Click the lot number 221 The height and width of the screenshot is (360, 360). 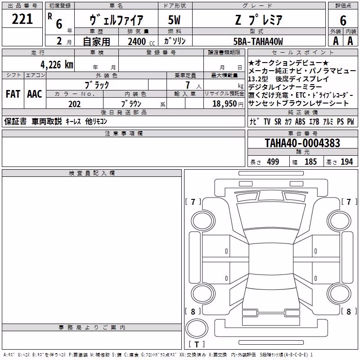22,19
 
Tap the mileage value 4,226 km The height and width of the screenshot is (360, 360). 57,65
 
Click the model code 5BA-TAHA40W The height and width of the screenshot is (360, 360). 258,41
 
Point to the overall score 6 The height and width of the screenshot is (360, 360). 343,20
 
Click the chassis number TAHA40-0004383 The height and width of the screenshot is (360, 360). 302,143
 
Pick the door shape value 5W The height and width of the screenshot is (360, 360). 175,20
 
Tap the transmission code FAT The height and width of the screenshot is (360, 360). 13,94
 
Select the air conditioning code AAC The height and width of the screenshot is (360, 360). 35,94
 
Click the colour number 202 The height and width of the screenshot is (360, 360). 74,104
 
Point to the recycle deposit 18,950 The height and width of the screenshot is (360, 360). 224,104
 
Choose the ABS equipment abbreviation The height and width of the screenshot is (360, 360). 300,121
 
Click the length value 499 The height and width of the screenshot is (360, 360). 273,162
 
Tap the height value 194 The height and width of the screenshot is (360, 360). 346,162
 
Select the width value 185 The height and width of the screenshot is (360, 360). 310,162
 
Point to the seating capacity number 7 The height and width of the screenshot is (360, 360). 188,85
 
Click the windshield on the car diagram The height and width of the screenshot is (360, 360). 271,216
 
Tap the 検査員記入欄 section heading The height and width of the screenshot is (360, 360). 92,173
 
